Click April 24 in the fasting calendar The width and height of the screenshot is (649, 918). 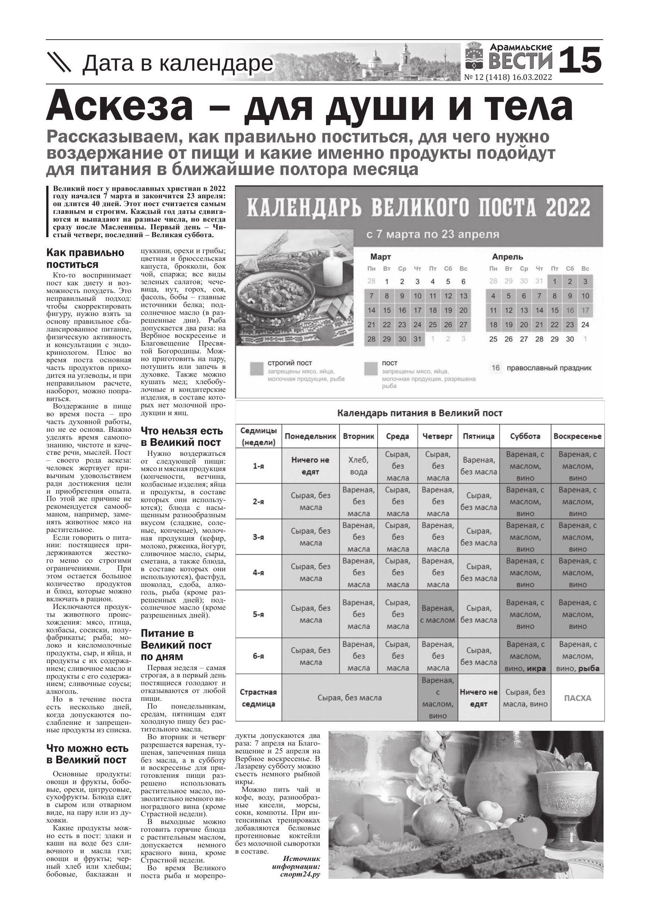pos(585,325)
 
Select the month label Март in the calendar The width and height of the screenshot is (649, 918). pos(380,257)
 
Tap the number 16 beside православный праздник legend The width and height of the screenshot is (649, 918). pos(495,368)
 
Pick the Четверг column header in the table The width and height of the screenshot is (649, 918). pos(437,436)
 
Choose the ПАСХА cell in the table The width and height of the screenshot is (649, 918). pos(578,698)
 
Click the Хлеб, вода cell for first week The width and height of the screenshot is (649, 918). pos(358,466)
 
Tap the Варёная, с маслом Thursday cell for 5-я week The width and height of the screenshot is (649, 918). pos(437,614)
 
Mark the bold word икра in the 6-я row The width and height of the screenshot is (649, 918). pos(536,668)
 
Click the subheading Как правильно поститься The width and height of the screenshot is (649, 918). pos(85,258)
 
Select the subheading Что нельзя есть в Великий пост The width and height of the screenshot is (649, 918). pos(182,437)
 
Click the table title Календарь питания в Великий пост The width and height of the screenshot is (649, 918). pos(420,413)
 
